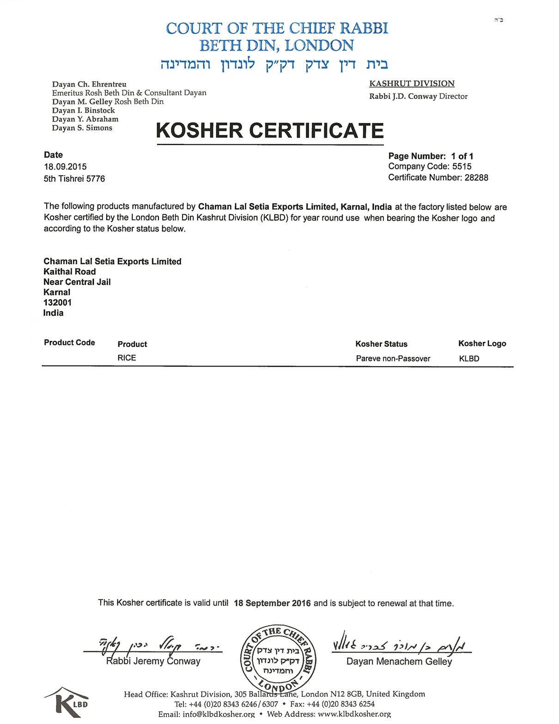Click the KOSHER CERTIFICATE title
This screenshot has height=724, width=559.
tap(270, 130)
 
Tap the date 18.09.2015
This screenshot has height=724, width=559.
tap(65, 167)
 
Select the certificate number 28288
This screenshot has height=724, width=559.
tap(476, 178)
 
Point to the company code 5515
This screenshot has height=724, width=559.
tap(462, 166)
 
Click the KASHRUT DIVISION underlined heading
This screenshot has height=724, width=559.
tap(412, 84)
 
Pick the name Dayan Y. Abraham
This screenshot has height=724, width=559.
tap(85, 119)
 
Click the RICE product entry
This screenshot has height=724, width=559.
tap(127, 358)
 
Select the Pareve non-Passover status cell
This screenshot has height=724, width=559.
tap(393, 359)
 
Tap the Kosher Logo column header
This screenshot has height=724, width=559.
tap(482, 344)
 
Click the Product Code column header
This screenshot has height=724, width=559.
tap(69, 343)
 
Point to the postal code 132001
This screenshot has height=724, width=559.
tap(57, 303)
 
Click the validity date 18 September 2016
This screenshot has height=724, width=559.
tap(272, 603)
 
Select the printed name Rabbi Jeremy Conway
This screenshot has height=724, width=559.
tap(153, 661)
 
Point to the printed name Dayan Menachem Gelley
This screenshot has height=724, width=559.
tap(399, 662)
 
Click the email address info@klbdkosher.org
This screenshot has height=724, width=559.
tap(219, 714)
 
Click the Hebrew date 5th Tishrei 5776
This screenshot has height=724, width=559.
tap(74, 179)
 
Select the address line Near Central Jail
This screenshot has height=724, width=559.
tap(77, 282)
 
